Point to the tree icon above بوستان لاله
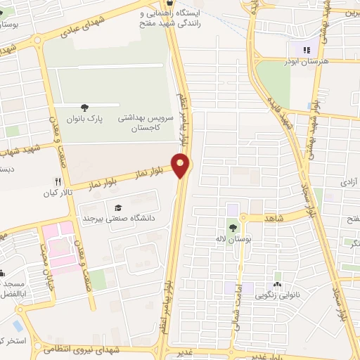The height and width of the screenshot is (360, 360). (x=232, y=228)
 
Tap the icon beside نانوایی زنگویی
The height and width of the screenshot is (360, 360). (x=277, y=285)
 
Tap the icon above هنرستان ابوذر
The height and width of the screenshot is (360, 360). (x=306, y=50)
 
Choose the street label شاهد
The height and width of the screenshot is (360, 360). (x=274, y=219)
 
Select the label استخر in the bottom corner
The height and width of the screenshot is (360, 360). (x=13, y=341)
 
